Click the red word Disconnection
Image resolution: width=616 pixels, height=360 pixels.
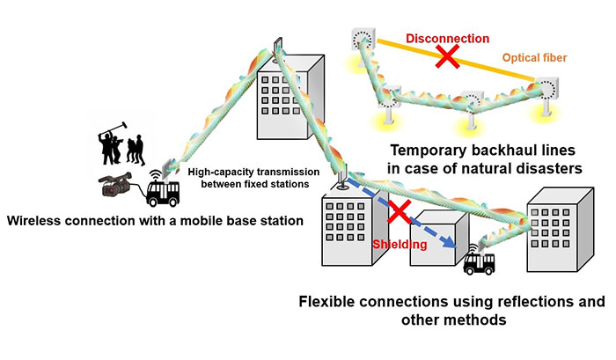tap(447, 39)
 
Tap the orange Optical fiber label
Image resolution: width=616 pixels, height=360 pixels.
tap(535, 58)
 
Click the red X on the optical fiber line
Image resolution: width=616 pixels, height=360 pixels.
tap(447, 56)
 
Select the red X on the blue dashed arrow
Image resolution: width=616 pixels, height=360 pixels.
tap(400, 211)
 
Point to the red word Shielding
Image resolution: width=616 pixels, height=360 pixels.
tap(400, 244)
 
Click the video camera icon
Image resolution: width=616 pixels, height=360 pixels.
tap(115, 185)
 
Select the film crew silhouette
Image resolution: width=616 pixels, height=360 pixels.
tap(121, 143)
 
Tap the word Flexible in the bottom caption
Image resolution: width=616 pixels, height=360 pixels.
tap(326, 301)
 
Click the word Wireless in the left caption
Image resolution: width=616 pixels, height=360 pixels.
tap(33, 220)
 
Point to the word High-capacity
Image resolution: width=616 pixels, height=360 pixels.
tap(215, 173)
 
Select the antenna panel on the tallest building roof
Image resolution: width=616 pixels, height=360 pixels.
tap(278, 45)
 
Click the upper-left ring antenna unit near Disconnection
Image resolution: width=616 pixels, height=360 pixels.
tap(363, 39)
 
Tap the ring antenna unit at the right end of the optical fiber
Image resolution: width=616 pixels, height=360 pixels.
tap(546, 89)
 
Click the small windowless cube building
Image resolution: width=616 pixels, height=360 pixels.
tap(439, 239)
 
